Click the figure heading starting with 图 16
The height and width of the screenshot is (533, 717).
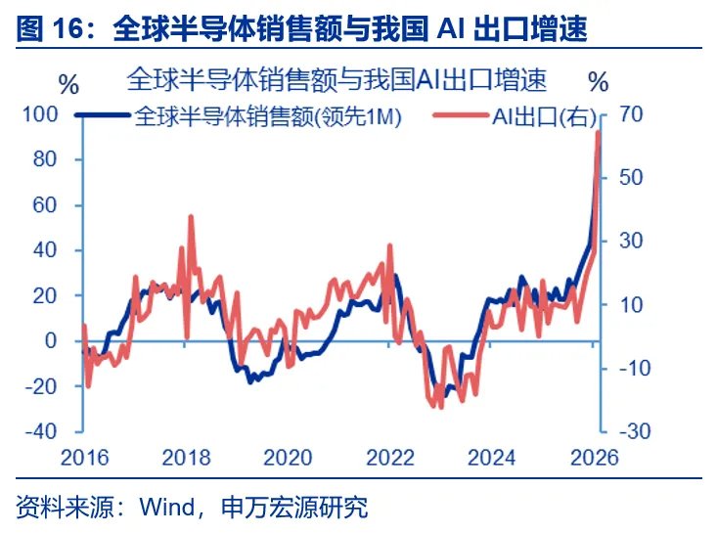302,29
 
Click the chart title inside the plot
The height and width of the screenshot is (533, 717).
336,78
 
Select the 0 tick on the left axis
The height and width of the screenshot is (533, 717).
55,341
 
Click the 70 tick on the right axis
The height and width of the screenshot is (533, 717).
630,115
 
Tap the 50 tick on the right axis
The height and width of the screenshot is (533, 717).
630,178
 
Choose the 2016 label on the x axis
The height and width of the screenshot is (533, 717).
83,458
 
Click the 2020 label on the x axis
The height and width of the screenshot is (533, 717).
288,458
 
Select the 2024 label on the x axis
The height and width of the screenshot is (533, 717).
492,458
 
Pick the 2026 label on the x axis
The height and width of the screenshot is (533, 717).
594,458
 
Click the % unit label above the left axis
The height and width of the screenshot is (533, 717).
68,83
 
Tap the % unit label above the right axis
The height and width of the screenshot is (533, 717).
601,79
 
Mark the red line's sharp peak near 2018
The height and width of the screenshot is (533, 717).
190,217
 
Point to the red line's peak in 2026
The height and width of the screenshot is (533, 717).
599,133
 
